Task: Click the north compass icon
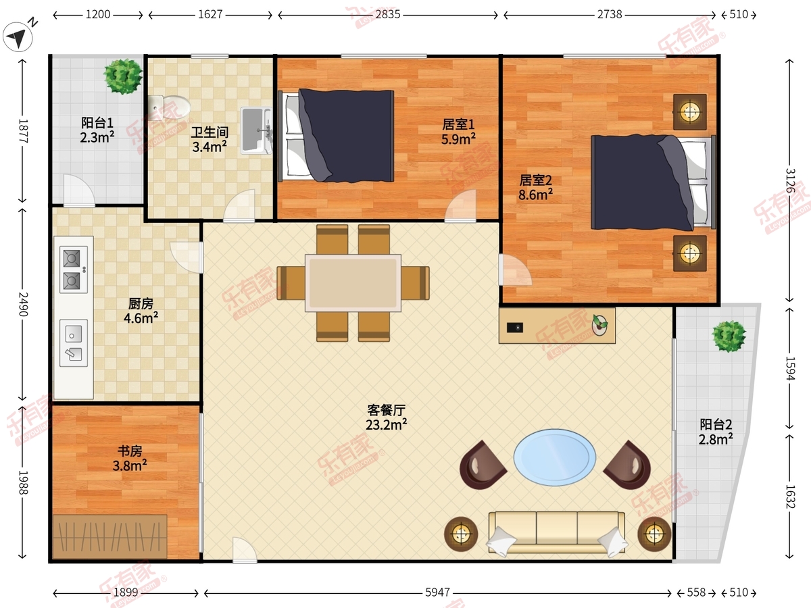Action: (18, 36)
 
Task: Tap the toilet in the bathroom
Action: (170, 107)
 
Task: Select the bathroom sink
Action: (256, 130)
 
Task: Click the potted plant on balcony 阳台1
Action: (123, 76)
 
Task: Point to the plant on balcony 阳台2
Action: (729, 336)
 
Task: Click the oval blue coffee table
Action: (555, 457)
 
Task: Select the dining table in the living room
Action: (353, 283)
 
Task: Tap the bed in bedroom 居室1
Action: (336, 136)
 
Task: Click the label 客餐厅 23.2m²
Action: (387, 417)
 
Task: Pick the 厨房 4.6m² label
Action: (141, 311)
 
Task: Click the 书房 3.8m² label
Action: (130, 458)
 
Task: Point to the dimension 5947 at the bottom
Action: (437, 592)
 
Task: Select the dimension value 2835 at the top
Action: (388, 14)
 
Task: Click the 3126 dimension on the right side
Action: (789, 180)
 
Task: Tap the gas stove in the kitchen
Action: (74, 270)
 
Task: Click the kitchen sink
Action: (74, 343)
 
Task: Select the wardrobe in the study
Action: (109, 536)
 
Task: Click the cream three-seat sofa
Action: (557, 533)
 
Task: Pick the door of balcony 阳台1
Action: (78, 191)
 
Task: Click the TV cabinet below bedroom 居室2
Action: (557, 326)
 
